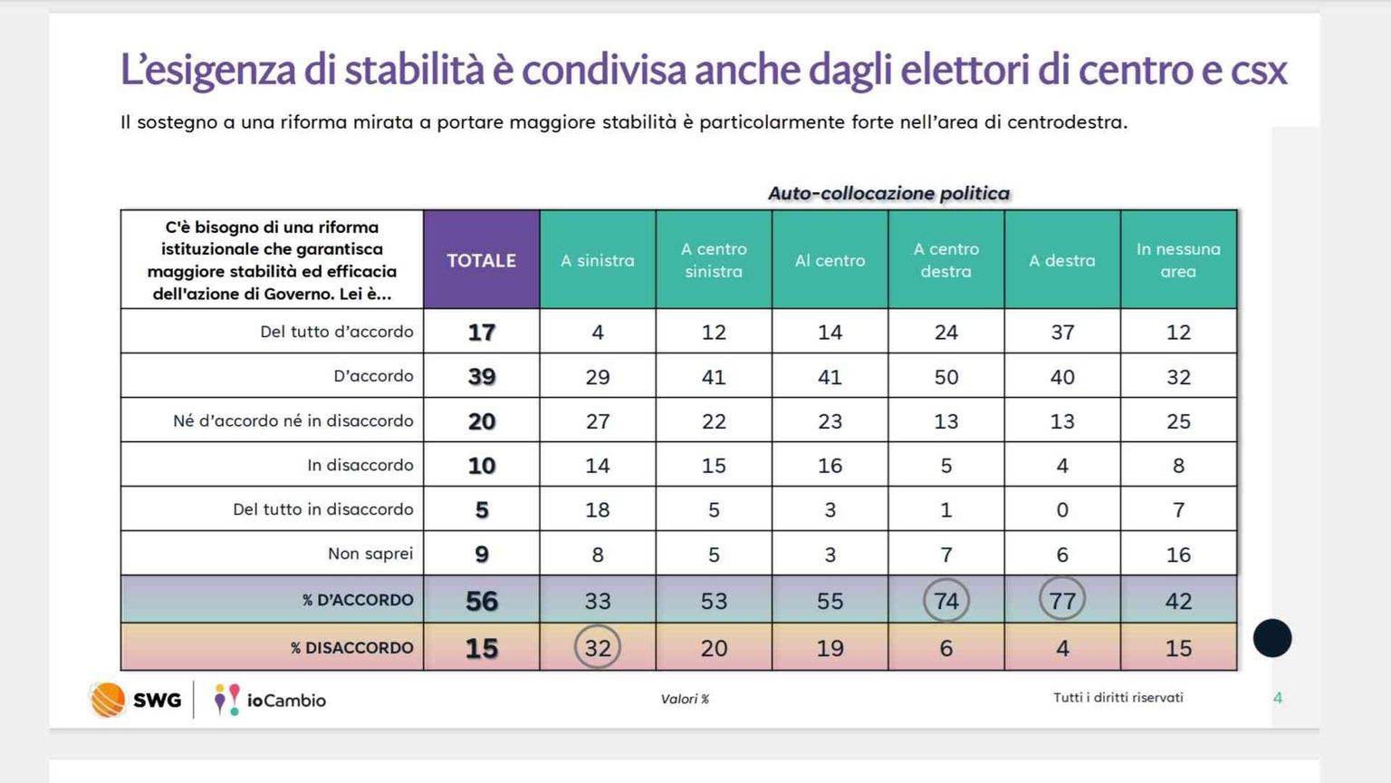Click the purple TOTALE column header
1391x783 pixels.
481,260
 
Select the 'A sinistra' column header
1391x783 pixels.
597,260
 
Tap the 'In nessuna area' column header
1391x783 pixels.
1178,260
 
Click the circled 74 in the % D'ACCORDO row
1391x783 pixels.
946,601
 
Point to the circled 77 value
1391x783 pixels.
1062,601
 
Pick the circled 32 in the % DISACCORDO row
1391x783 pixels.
598,648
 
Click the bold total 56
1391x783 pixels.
482,601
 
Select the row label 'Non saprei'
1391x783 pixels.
370,554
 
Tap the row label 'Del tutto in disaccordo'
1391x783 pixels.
322,509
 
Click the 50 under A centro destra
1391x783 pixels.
946,377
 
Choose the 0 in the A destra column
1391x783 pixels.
1062,510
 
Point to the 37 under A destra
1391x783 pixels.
1062,333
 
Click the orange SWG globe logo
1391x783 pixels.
108,700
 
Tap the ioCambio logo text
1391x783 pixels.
286,701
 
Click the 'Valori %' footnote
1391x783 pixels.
685,699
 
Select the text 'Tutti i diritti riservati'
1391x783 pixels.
1118,697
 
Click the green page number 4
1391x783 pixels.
1278,698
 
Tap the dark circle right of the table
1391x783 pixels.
1272,638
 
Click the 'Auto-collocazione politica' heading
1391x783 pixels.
888,193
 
